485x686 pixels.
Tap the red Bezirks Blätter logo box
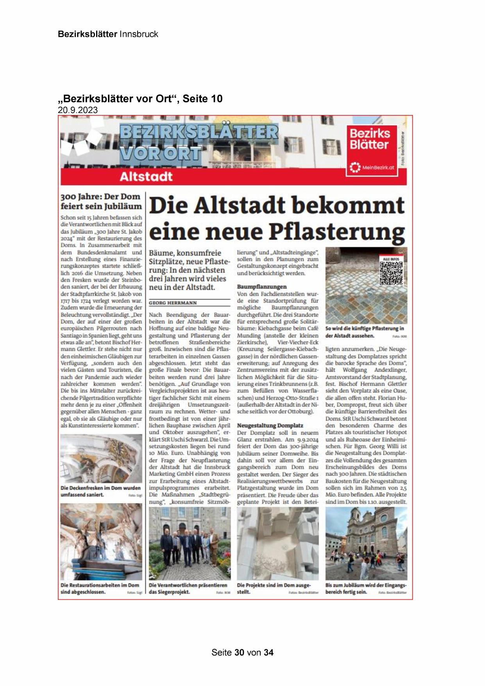click(372, 150)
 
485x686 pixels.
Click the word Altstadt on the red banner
click(146, 176)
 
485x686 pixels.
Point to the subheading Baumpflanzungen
click(262, 287)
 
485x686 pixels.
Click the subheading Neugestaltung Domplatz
click(270, 425)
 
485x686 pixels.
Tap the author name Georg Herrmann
click(173, 303)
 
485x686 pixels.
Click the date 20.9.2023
click(78, 110)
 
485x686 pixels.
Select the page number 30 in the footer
click(239, 652)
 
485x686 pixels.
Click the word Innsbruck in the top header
click(139, 34)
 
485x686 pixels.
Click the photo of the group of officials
click(190, 544)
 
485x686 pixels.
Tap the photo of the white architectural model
click(277, 544)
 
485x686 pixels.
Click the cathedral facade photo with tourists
click(366, 544)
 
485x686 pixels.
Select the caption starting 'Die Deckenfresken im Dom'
click(100, 491)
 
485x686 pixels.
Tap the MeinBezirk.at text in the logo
click(378, 168)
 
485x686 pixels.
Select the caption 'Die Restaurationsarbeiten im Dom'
click(100, 589)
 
